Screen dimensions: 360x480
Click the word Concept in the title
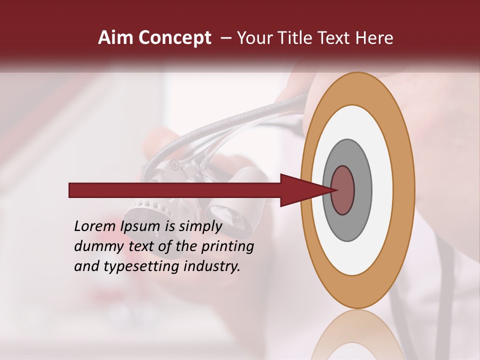tap(174, 38)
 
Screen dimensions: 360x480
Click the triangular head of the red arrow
tap(300, 190)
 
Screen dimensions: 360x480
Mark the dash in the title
tap(225, 38)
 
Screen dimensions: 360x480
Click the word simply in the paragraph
tap(199, 226)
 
